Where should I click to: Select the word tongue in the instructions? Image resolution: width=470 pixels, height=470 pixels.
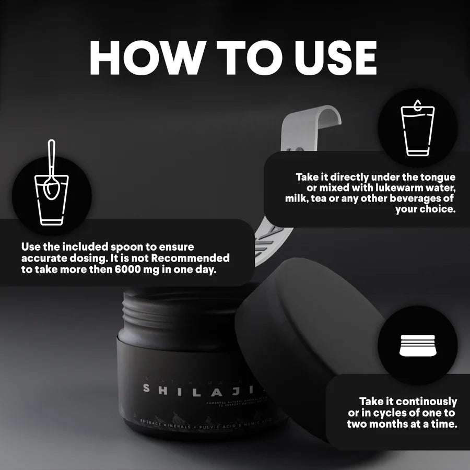(436, 178)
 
